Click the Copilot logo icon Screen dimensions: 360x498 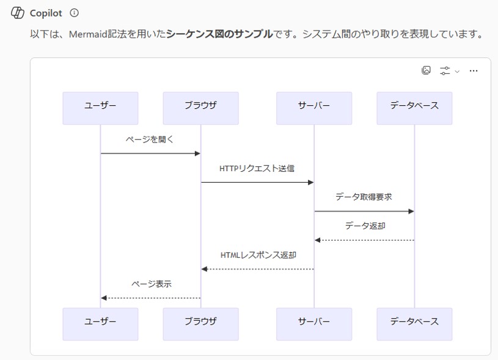coord(17,13)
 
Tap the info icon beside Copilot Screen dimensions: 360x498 coord(75,13)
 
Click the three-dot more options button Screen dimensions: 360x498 coord(474,71)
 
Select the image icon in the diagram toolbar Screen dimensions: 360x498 coord(427,70)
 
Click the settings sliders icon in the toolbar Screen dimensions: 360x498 coord(445,71)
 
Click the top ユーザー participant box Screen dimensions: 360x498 coord(100,108)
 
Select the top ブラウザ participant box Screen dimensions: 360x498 coord(200,108)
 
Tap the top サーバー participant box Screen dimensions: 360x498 coord(314,108)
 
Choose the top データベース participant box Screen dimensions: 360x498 coord(414,108)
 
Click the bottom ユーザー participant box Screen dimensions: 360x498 coord(100,324)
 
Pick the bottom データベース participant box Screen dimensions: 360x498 coord(414,324)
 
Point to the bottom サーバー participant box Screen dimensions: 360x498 coord(314,324)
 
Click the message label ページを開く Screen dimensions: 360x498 coord(150,139)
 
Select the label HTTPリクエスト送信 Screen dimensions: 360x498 coord(257,168)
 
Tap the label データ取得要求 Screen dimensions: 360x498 coord(364,197)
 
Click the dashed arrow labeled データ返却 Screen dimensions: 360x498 coord(364,240)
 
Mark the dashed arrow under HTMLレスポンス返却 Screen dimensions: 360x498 coord(257,269)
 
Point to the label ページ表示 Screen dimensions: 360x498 coord(151,284)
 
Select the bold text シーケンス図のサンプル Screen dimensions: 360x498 coord(219,34)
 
